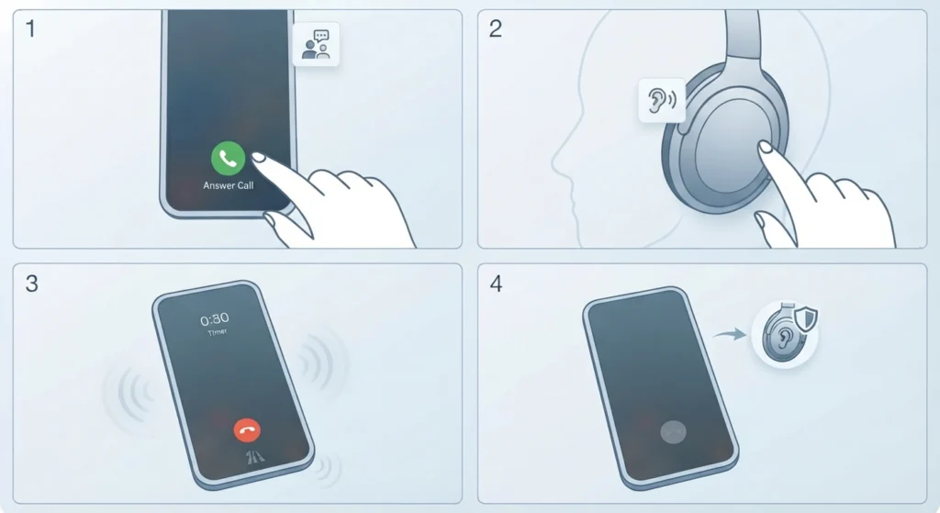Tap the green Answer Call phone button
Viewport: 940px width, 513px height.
coord(228,158)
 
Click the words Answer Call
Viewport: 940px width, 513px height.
coord(228,185)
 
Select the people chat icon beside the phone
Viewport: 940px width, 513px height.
coord(316,44)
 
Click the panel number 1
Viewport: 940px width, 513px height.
coord(30,28)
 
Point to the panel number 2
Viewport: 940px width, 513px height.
coord(495,28)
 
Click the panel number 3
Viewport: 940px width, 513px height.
coord(32,283)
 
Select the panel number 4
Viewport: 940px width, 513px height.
coord(496,283)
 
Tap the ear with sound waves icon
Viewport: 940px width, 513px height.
coord(662,100)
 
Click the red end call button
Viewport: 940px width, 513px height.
coord(247,429)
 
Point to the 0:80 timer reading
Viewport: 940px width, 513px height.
coord(214,318)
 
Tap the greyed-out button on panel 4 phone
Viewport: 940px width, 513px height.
coord(673,431)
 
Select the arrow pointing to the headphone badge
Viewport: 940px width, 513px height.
coord(730,334)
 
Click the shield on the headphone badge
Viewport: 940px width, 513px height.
coord(806,318)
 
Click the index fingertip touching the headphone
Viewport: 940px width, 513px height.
coord(765,146)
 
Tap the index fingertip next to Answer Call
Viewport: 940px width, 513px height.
coord(258,157)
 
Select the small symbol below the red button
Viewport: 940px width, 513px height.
coord(255,457)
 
